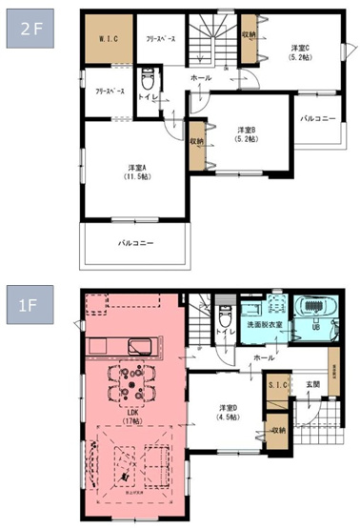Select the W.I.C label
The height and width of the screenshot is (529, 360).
[107, 40]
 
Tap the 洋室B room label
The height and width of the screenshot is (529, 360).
[249, 133]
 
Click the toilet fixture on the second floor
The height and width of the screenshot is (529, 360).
[148, 81]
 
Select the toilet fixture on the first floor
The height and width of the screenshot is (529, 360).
[225, 315]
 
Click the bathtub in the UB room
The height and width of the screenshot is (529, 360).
[316, 309]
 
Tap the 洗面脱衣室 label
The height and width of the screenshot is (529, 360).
[266, 325]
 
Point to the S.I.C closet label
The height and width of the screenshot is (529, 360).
[276, 384]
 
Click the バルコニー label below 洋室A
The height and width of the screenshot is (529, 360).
[136, 243]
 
